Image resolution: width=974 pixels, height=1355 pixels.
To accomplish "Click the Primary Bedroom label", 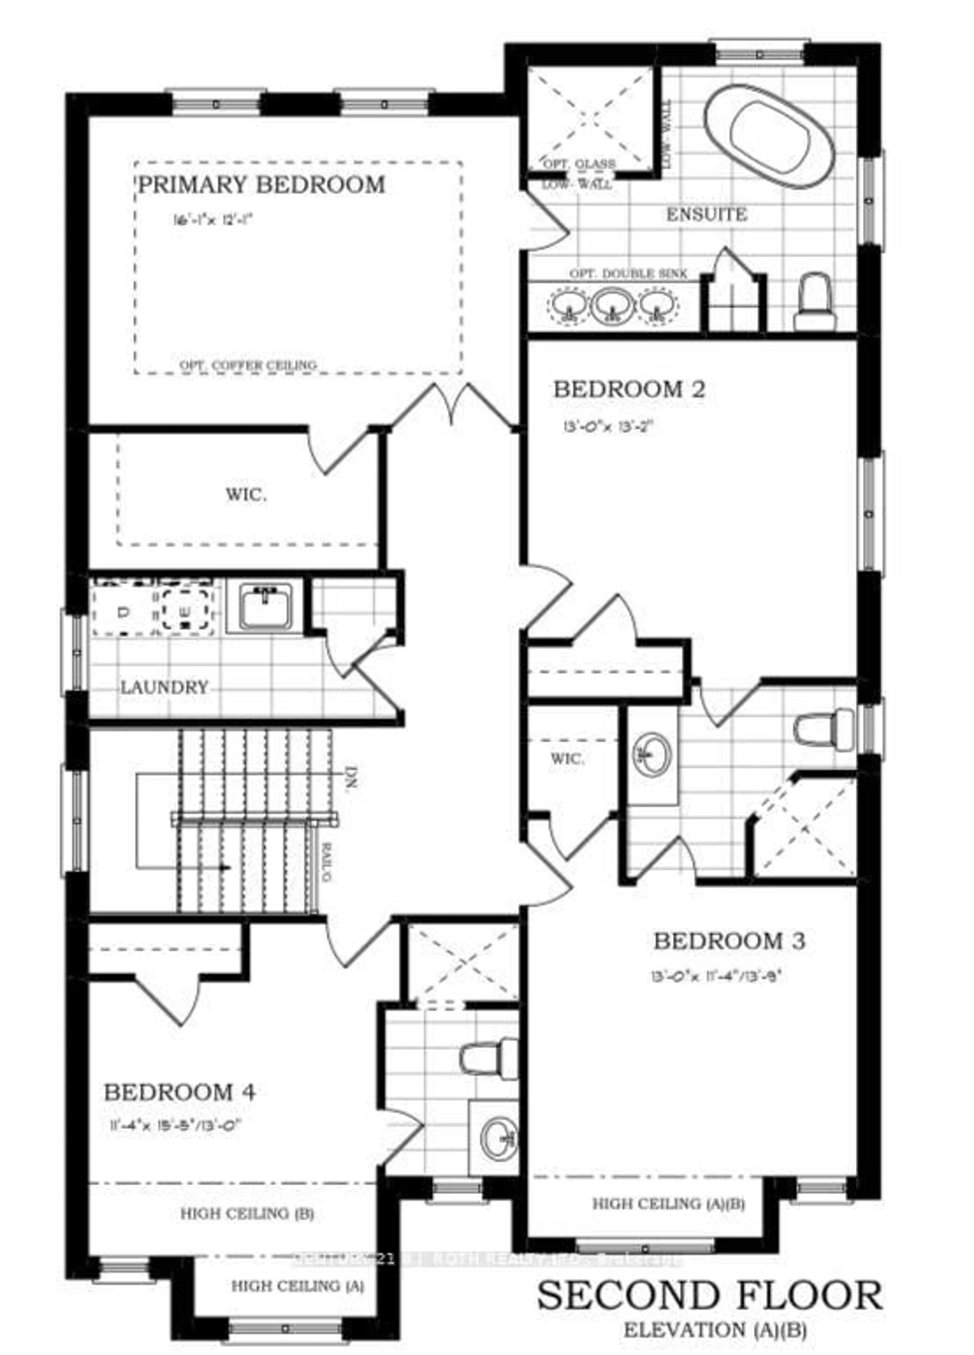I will (261, 185).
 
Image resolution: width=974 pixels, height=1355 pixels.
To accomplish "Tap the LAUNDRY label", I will (164, 687).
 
